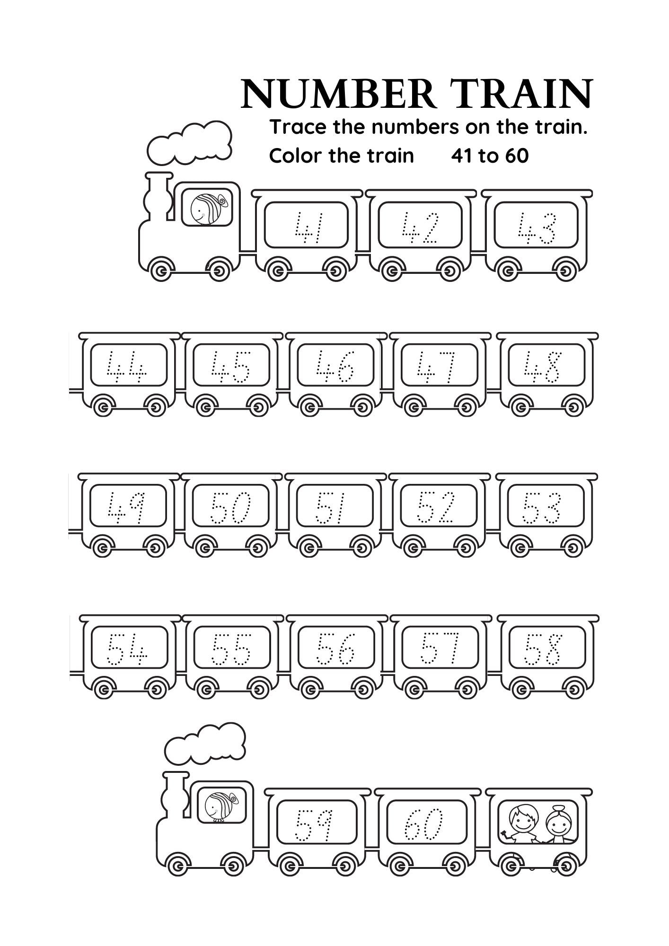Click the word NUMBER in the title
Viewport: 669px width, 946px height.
[338, 94]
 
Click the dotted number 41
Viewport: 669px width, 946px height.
[308, 227]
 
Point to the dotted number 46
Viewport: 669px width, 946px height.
[335, 367]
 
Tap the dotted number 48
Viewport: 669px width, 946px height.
[543, 367]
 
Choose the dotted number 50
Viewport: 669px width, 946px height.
[230, 508]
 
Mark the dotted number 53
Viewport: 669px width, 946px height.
[542, 508]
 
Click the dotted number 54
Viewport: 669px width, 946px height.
[127, 649]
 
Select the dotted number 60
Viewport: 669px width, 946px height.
[423, 824]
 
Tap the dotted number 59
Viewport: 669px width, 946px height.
[314, 824]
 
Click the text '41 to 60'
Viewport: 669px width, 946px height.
[489, 156]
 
